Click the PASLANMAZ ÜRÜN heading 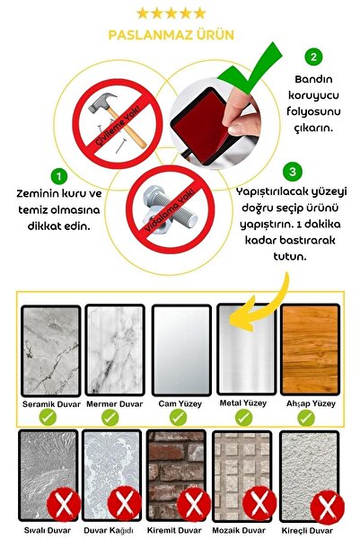tap(171, 35)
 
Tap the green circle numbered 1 tap(58, 176)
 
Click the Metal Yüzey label tap(243, 403)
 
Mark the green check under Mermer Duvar tap(110, 418)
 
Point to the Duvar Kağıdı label tap(111, 530)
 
